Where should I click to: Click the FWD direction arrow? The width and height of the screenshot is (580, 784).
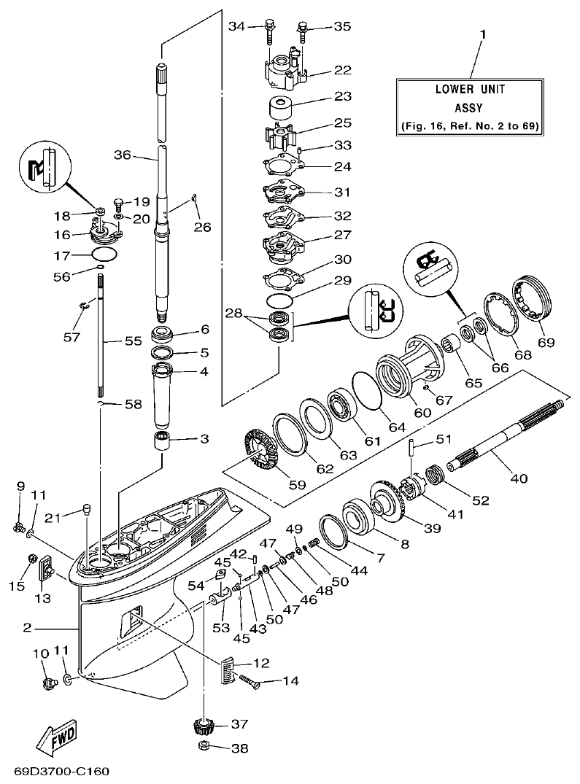point(58,737)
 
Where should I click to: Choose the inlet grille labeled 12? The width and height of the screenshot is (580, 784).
point(228,669)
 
